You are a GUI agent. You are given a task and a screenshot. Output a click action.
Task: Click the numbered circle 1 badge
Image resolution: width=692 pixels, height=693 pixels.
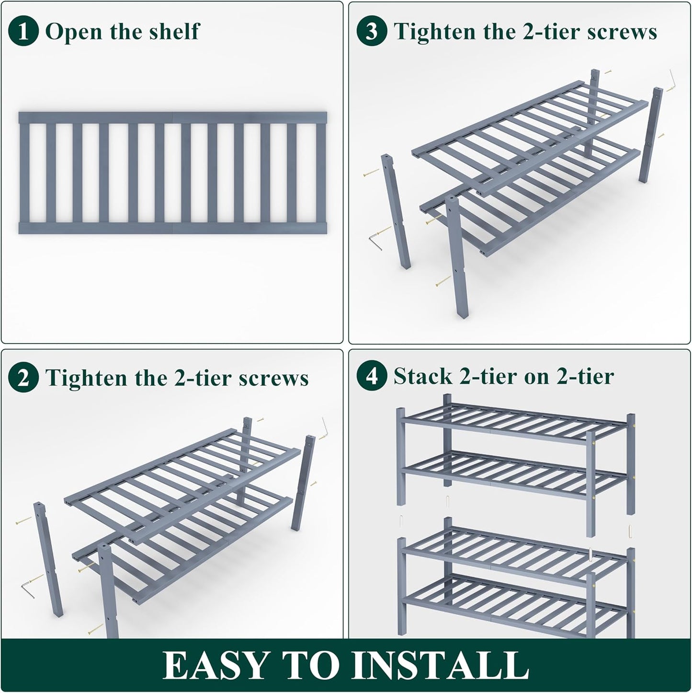click(x=23, y=32)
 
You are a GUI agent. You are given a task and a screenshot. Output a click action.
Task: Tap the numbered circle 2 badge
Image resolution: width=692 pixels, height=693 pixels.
click(x=23, y=378)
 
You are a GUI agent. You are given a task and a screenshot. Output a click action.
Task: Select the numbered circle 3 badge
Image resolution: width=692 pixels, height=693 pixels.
click(x=372, y=32)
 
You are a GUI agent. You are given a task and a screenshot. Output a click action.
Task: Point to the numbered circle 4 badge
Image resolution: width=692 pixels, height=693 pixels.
click(x=372, y=376)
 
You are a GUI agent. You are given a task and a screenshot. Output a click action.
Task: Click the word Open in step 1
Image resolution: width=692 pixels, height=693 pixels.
click(x=73, y=32)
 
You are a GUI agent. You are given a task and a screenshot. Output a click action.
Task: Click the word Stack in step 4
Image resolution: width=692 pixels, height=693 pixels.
click(x=423, y=376)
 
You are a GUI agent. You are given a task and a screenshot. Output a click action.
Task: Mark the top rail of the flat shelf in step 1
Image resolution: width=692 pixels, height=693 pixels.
click(x=172, y=118)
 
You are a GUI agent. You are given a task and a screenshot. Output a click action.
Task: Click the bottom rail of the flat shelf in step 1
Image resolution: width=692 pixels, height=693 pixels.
click(x=172, y=228)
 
